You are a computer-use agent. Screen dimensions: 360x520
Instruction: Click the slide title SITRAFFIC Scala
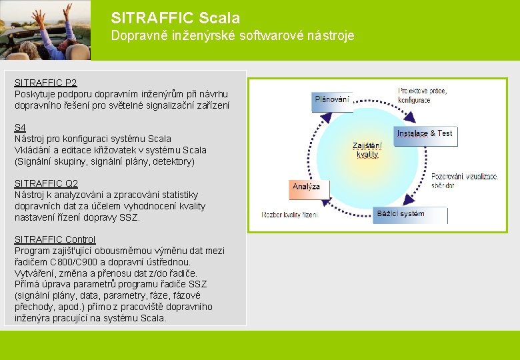click(175, 18)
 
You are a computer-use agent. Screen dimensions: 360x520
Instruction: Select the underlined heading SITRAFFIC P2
click(45, 83)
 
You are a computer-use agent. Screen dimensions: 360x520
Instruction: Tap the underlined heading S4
click(20, 127)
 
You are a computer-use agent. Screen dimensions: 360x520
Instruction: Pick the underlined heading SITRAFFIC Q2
click(46, 183)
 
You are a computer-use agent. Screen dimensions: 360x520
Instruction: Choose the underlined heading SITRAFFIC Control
click(55, 239)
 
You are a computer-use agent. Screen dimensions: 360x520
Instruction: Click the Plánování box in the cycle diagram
click(332, 100)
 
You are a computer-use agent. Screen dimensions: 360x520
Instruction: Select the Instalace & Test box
click(425, 134)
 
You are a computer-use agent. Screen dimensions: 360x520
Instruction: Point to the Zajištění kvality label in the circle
click(367, 150)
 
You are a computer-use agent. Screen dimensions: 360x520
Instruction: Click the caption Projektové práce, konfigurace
click(423, 95)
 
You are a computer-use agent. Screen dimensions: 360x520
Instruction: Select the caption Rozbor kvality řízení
click(289, 215)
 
